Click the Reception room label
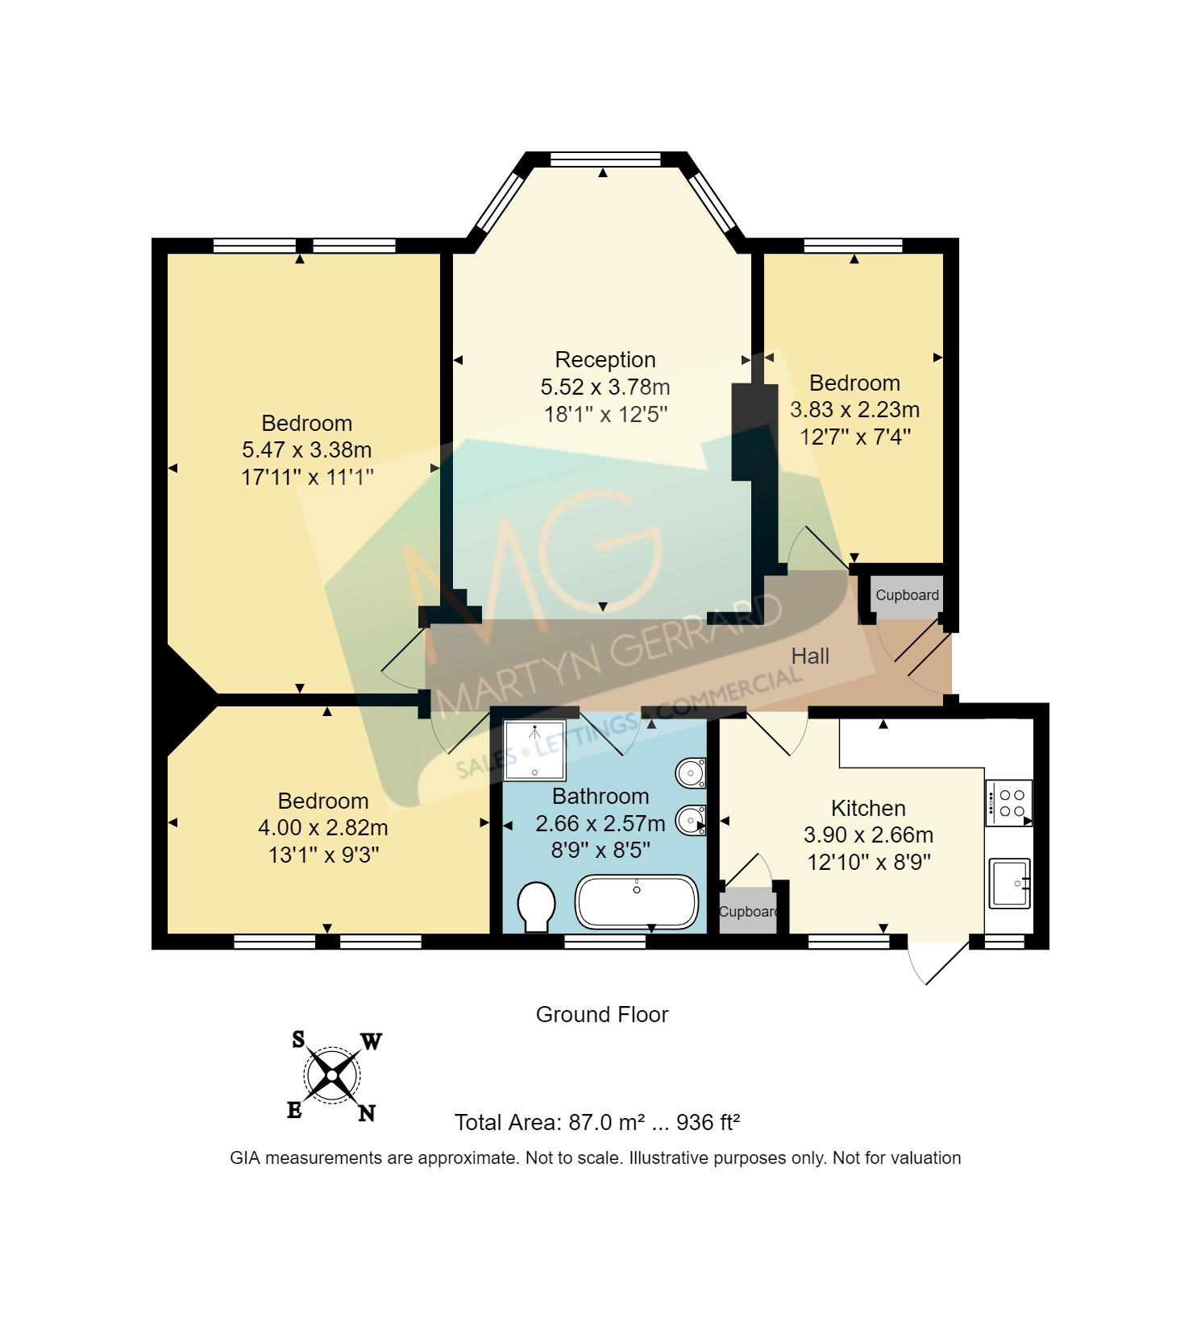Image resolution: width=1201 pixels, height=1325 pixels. pos(605,359)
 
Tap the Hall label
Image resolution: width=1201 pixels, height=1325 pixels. pos(810,656)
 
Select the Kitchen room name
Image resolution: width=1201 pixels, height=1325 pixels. pos(868,808)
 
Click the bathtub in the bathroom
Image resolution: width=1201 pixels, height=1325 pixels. pos(636,902)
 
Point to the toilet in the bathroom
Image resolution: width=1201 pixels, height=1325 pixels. pos(537,906)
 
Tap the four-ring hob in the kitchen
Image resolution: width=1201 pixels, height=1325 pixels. pos(1008,803)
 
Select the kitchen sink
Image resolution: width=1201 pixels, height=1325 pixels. pos(1010,884)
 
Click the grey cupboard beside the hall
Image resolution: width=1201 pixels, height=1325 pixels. pos(907,595)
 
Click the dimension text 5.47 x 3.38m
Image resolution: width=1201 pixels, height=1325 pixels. pos(306,449)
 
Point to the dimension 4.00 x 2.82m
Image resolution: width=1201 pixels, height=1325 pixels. pos(322,827)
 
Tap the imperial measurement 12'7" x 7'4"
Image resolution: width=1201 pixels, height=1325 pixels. pos(854,437)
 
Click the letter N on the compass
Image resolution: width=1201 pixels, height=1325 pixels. pos(367,1113)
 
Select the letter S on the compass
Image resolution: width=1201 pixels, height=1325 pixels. pos(298,1040)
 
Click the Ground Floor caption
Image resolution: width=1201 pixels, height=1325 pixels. pos(602,1014)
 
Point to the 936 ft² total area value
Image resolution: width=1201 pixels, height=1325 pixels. pos(708,1122)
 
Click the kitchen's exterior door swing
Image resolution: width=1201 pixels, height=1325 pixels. pos(937,960)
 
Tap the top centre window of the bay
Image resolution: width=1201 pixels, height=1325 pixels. pos(605,159)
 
